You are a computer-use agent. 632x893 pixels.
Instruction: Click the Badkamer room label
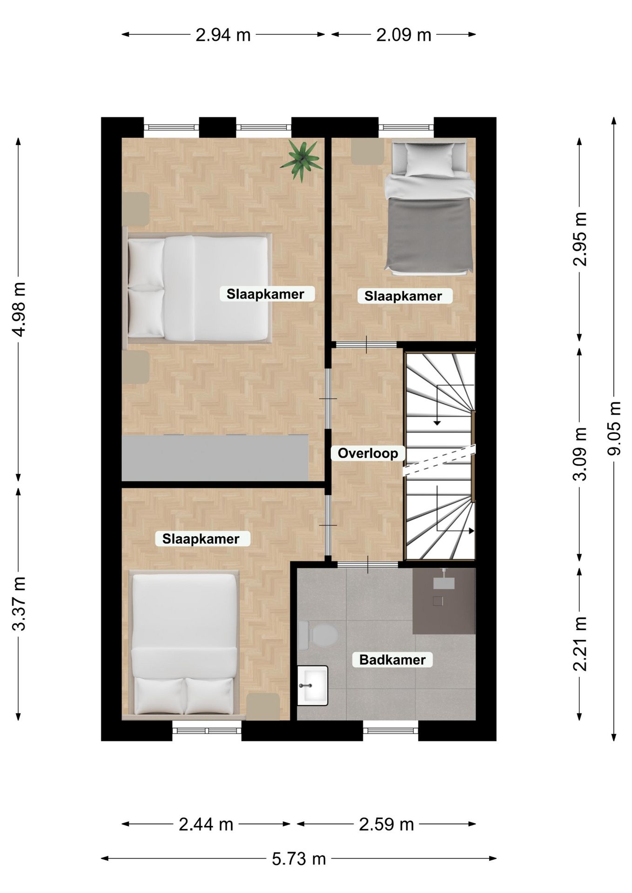(392, 660)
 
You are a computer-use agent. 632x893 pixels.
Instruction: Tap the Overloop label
(368, 453)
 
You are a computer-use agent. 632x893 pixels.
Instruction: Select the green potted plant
(302, 160)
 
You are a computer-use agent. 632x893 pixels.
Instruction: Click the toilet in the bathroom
(318, 635)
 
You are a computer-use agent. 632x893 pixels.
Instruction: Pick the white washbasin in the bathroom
(313, 685)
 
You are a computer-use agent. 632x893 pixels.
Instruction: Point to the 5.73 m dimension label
(299, 859)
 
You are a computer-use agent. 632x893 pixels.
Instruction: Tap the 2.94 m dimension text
(223, 35)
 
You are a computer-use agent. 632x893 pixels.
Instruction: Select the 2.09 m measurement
(403, 35)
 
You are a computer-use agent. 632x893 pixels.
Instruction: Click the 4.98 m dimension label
(19, 309)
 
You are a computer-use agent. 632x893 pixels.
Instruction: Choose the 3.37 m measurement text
(19, 603)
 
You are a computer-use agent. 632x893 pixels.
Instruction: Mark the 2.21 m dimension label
(580, 644)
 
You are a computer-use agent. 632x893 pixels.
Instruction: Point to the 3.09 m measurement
(580, 453)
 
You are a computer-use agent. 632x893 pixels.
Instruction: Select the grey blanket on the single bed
(429, 235)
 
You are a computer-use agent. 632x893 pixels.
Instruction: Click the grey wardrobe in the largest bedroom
(215, 458)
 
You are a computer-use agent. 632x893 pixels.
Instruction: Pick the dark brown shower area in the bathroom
(444, 600)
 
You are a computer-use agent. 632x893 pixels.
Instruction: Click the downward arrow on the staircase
(437, 405)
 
